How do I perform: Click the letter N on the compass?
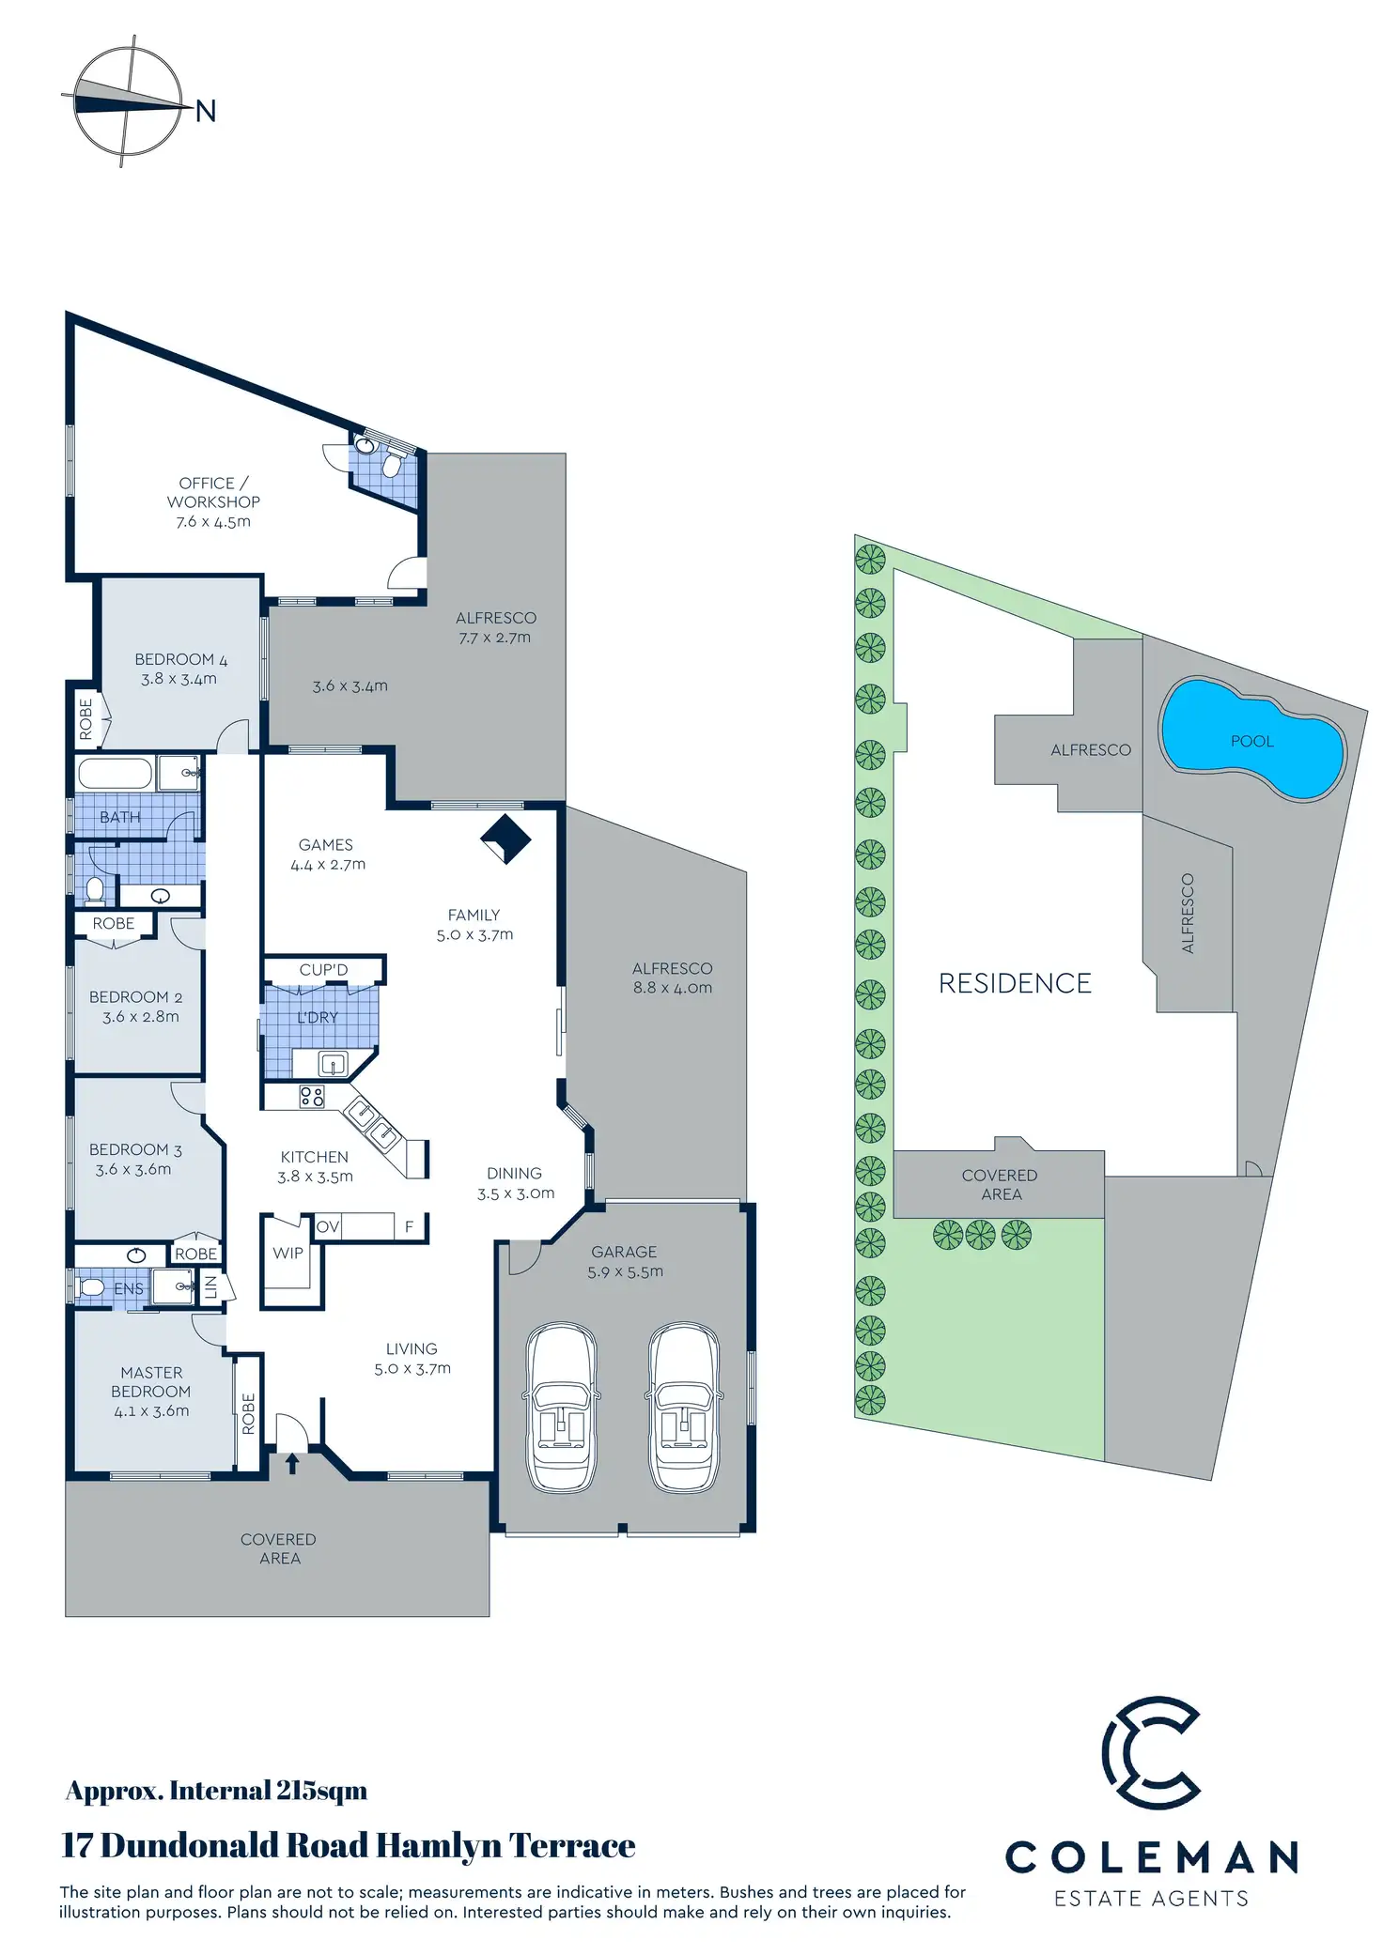point(206,112)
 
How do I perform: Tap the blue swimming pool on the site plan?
point(1252,739)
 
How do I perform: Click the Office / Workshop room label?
point(213,492)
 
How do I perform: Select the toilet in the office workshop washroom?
point(393,466)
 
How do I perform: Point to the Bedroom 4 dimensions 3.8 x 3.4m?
point(179,679)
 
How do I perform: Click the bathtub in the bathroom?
point(115,775)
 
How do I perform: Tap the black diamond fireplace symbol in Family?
point(505,838)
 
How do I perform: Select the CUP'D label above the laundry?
point(323,969)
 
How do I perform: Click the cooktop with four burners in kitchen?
point(312,1096)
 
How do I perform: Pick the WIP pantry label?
point(287,1253)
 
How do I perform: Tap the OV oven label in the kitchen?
point(327,1226)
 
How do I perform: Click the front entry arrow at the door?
point(291,1463)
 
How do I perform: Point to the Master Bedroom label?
point(151,1381)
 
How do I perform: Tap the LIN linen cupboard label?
point(211,1286)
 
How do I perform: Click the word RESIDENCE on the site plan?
point(1015,983)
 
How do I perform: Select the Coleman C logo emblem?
point(1152,1752)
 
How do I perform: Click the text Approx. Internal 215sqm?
point(216,1791)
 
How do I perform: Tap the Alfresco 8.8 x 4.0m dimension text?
point(673,988)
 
